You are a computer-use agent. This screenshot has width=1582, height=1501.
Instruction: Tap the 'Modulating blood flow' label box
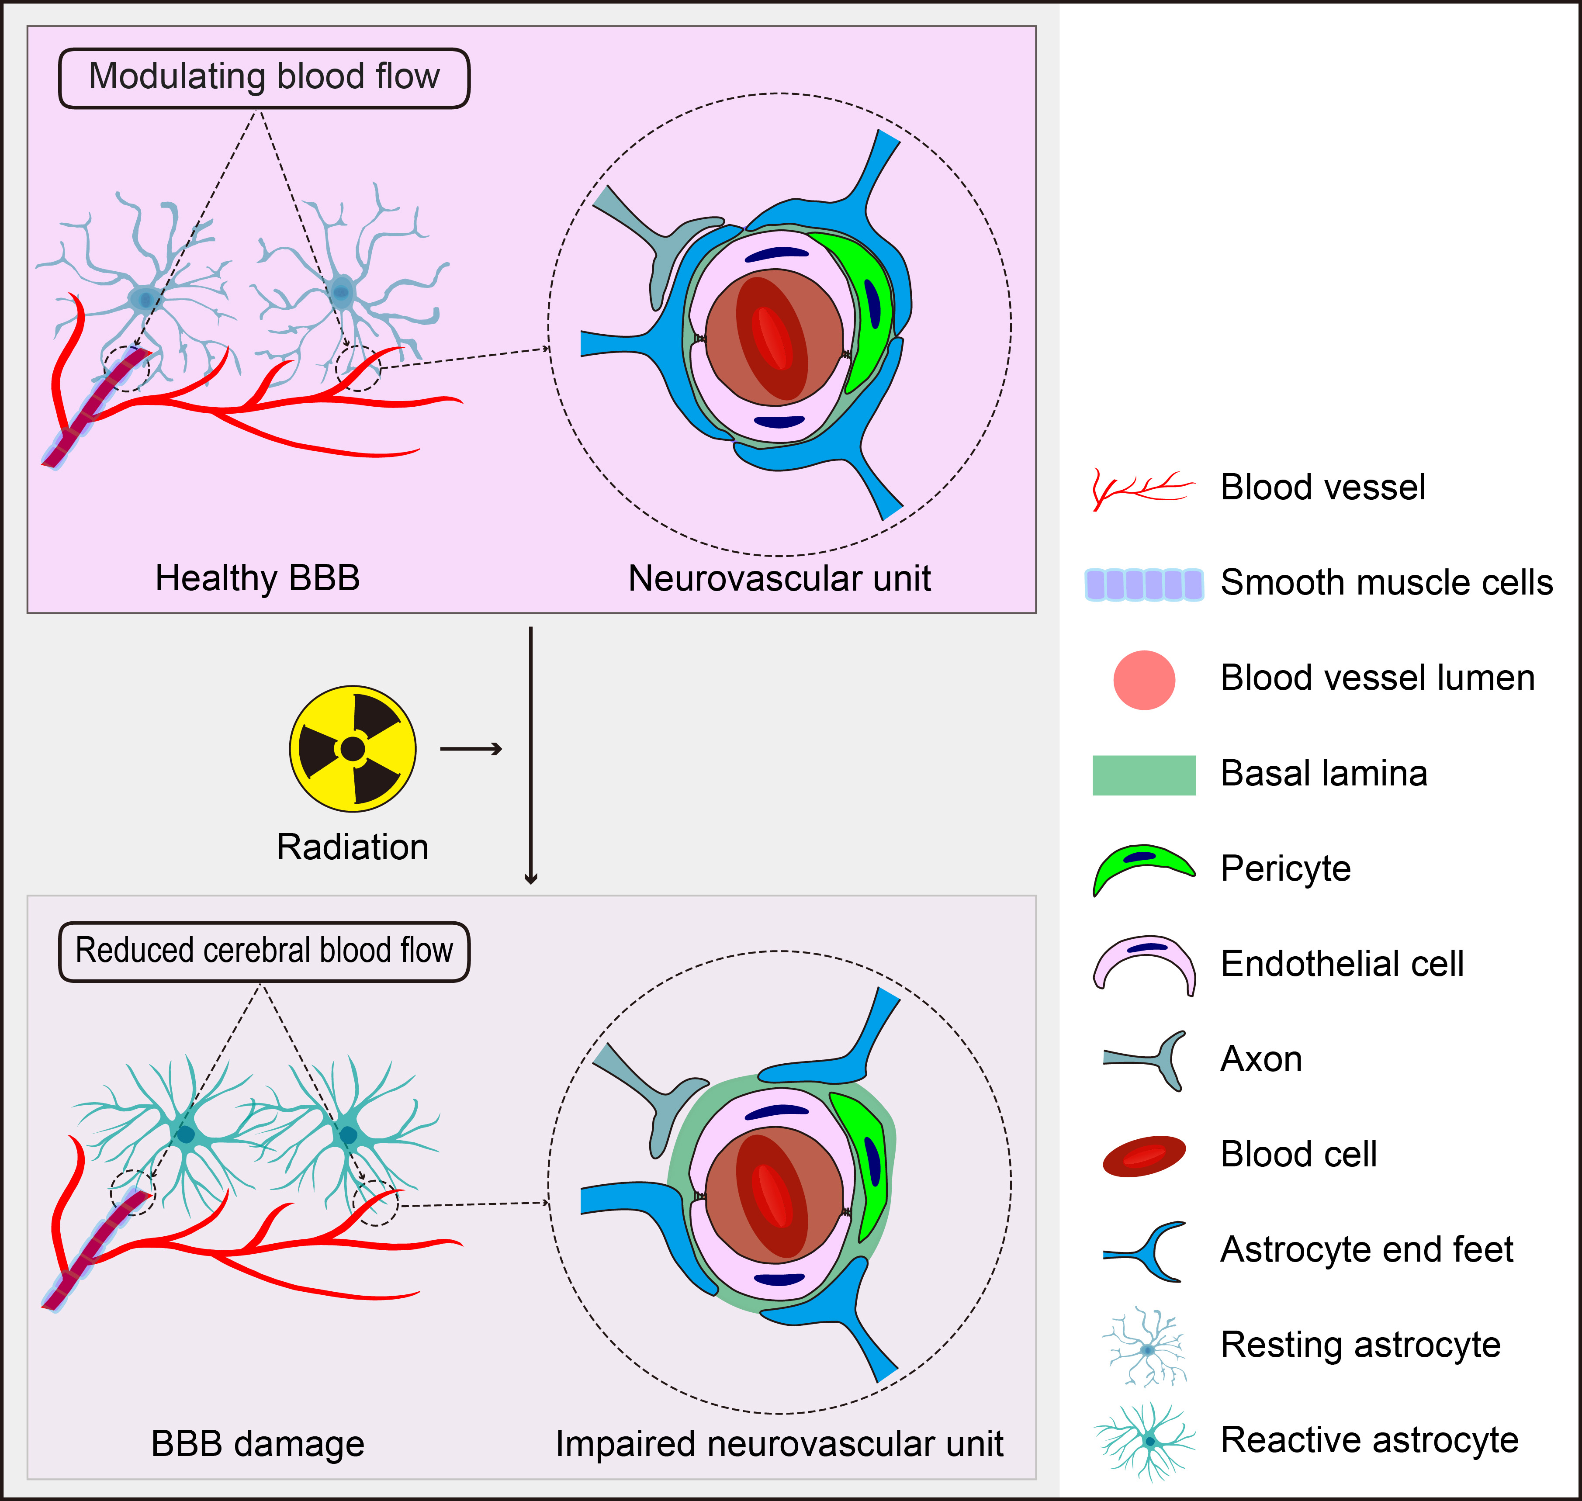[264, 78]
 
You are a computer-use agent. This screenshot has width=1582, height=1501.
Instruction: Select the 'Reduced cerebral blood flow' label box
[264, 951]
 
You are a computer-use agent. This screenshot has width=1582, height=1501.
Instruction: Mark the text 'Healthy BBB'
[258, 578]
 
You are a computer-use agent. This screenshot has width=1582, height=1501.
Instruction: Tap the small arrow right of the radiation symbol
[471, 749]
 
